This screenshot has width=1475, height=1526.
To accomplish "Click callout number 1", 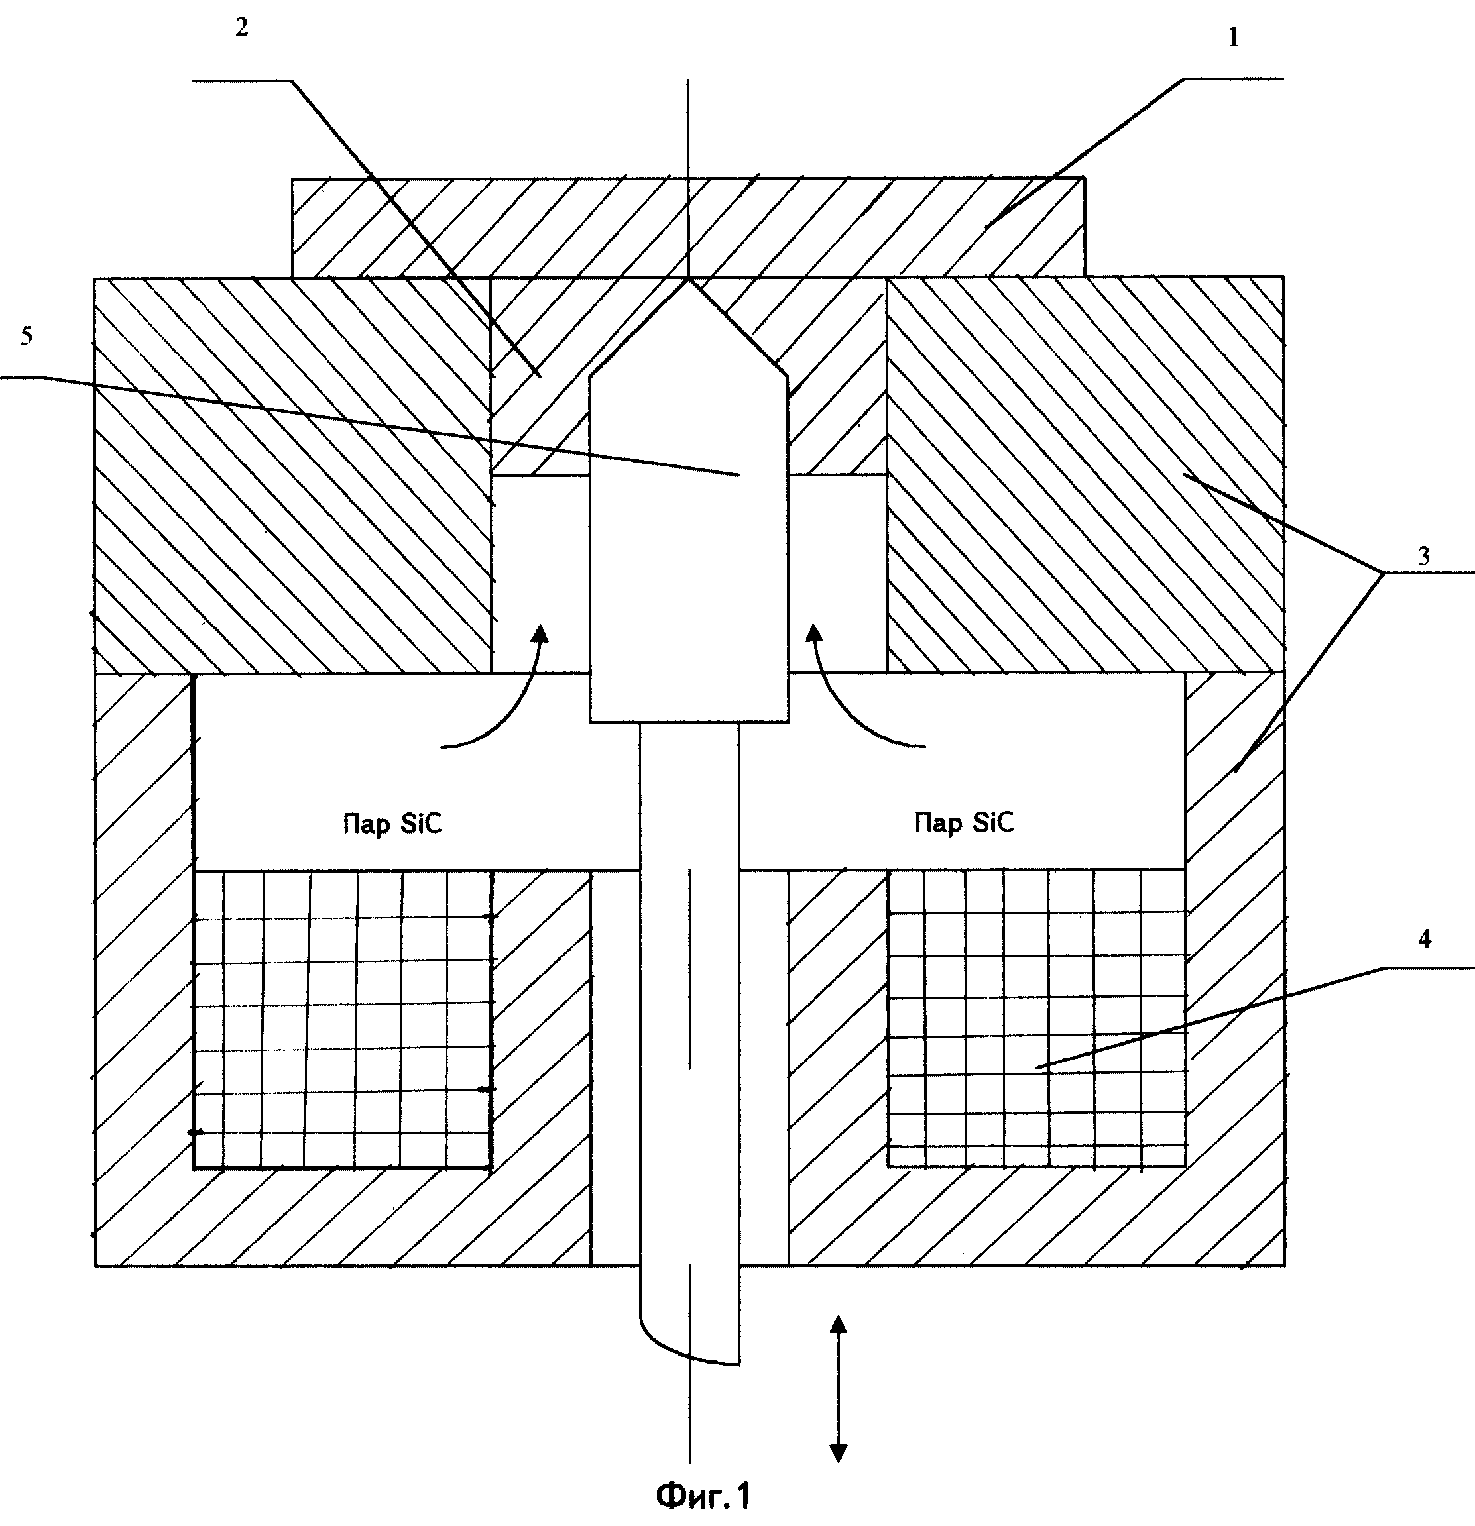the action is coord(1233,37).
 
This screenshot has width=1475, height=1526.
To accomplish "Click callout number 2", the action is coord(242,27).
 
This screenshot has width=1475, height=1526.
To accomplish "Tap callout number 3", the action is coord(1423,556).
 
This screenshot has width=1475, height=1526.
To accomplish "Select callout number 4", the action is coord(1425,939).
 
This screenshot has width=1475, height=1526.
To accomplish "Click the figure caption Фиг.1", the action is coord(703,1495).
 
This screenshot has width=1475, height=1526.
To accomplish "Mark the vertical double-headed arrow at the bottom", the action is coord(838,1388).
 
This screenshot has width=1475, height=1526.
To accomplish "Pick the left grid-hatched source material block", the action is coord(343,1018).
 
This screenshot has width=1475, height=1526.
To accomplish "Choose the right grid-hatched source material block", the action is coord(1037,1018).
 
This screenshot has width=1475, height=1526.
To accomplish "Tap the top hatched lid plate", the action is coord(687,227).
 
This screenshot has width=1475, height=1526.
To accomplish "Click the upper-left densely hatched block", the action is coord(293,475).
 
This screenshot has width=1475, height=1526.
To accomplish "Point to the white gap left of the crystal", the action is coord(540,574).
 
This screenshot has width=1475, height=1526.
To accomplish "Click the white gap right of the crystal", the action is coord(838,573).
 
